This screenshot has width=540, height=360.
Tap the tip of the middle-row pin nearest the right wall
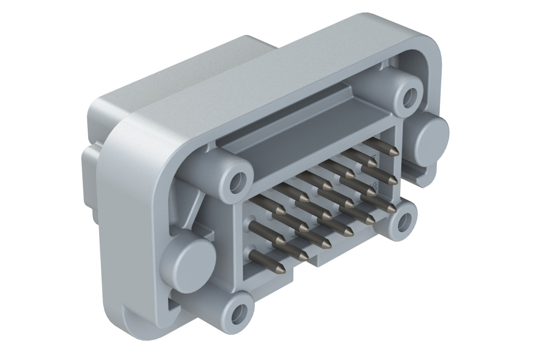pyautogui.click(x=393, y=181)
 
